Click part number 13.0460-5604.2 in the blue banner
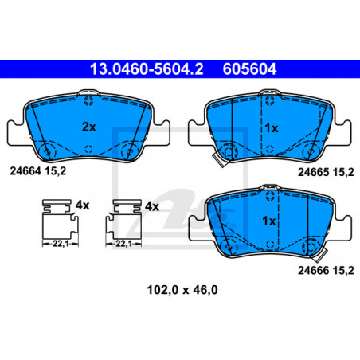tap(147, 69)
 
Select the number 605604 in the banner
tap(249, 69)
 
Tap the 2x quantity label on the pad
tap(88, 127)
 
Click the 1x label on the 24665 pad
tap(272, 128)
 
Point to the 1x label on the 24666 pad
tap(269, 221)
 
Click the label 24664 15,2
tap(38, 171)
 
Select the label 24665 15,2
tap(326, 173)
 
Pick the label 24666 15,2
tap(326, 271)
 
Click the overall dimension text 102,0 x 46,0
tap(182, 290)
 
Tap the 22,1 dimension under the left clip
tap(61, 244)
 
